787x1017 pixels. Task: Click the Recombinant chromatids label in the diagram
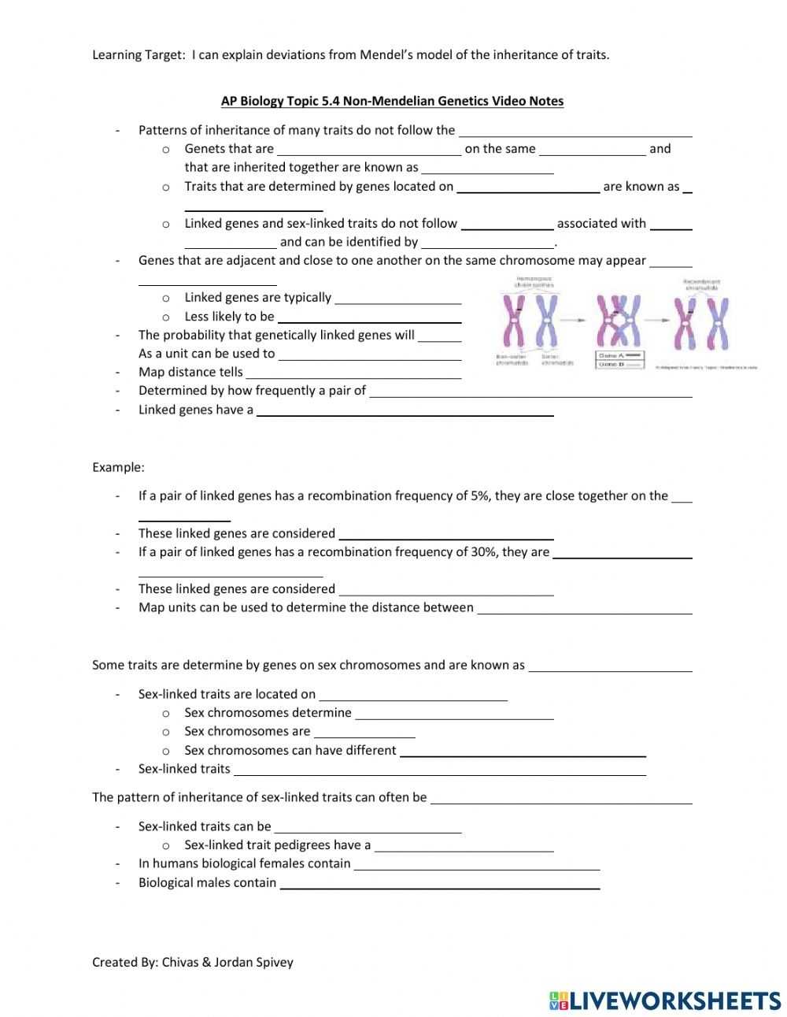pos(702,284)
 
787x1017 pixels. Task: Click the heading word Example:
pos(118,467)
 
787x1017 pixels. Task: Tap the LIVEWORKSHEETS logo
pos(665,1000)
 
